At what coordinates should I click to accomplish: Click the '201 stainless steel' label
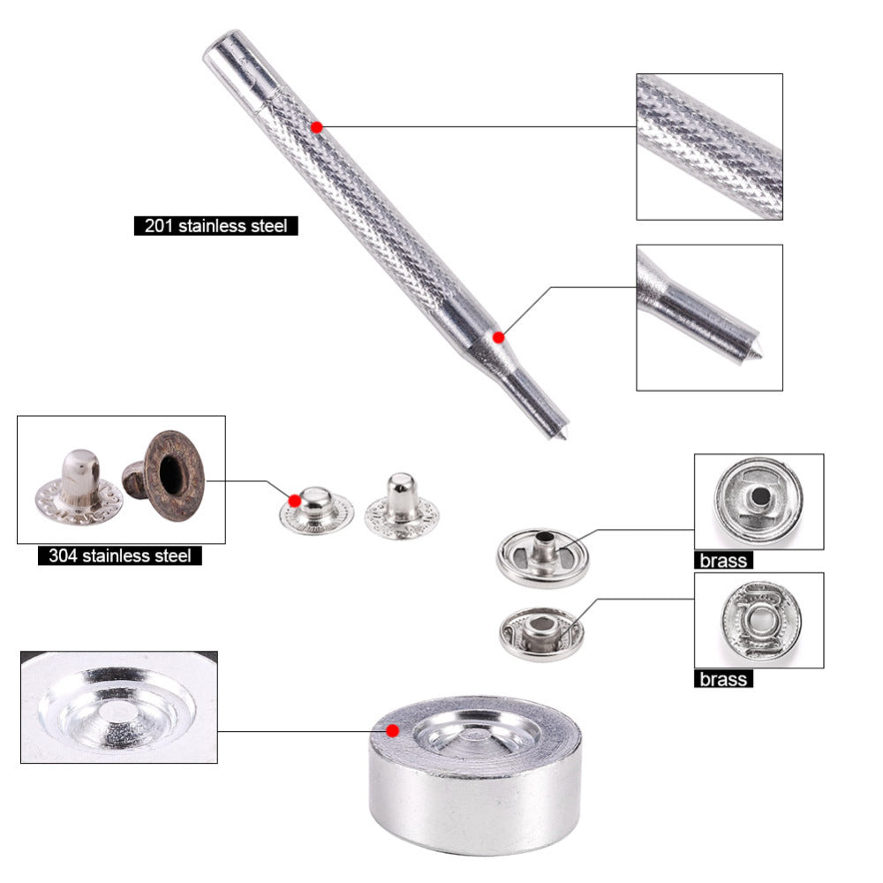(x=215, y=226)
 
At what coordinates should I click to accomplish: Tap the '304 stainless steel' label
(x=119, y=555)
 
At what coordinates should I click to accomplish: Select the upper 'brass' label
(x=723, y=561)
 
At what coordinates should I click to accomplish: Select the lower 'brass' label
(x=723, y=679)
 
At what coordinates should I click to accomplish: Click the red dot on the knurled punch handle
(x=316, y=127)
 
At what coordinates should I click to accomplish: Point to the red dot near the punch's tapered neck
(x=498, y=337)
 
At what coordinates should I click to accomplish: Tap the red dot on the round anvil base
(x=393, y=730)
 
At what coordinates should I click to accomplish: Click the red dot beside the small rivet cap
(x=294, y=501)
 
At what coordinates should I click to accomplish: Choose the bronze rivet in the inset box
(x=164, y=476)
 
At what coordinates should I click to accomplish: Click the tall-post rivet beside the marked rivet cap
(x=402, y=507)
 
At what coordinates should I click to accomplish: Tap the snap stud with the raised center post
(x=542, y=557)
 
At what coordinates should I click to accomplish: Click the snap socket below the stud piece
(x=541, y=633)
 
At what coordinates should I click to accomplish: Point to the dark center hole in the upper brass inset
(x=760, y=496)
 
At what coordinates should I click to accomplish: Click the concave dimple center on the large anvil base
(x=476, y=735)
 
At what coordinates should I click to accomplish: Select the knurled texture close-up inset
(x=710, y=147)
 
